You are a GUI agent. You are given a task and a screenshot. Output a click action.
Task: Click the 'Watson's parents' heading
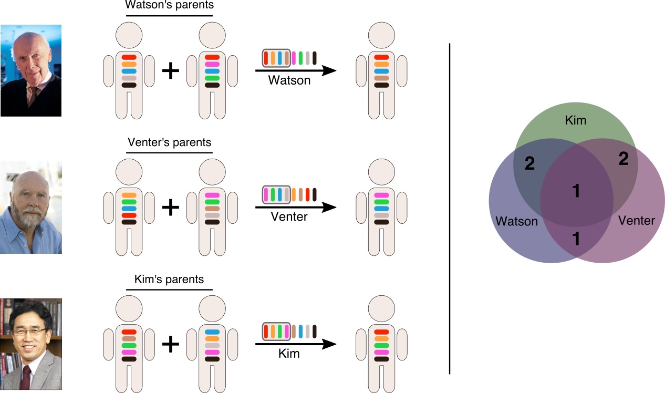click(170, 5)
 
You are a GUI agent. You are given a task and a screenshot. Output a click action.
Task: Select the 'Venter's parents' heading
click(170, 142)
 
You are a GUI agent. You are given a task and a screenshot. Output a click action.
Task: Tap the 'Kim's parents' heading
click(170, 279)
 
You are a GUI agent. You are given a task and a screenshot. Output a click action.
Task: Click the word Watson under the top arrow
click(289, 80)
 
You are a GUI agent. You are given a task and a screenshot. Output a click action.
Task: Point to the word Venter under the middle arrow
click(289, 216)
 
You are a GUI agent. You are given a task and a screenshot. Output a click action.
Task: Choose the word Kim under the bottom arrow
click(289, 353)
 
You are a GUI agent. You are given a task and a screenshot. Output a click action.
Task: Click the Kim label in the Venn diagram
click(575, 121)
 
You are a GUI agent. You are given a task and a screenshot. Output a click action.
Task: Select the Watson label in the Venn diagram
click(517, 221)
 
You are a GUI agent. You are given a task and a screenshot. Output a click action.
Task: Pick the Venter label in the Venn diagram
click(637, 220)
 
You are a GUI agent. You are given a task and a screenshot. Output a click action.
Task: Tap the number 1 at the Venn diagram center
click(576, 191)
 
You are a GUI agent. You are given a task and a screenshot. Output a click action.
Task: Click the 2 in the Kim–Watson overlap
click(529, 164)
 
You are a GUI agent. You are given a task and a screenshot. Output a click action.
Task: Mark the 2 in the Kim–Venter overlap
click(624, 159)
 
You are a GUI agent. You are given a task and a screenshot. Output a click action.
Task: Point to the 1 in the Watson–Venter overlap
click(576, 239)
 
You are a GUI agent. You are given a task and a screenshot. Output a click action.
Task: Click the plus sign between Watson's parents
click(170, 71)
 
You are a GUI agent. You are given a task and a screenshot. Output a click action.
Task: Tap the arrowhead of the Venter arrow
click(329, 207)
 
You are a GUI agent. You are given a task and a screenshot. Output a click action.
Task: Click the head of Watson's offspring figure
click(381, 35)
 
